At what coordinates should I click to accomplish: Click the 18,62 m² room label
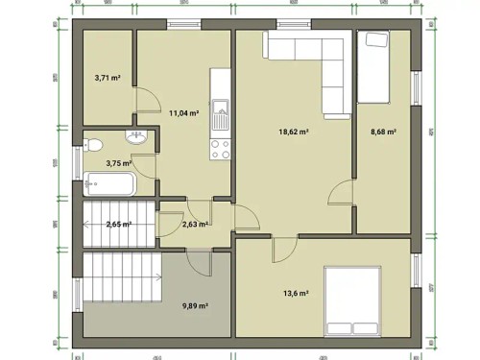pos(293,132)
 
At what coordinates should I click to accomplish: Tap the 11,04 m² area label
pos(183,112)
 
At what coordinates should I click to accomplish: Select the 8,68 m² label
pos(383,132)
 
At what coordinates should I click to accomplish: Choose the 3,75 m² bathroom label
pos(119,163)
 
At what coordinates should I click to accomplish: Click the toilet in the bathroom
pos(93,145)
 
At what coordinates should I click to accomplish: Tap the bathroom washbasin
pos(135,137)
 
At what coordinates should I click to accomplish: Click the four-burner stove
pos(220,148)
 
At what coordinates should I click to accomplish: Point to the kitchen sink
pos(220,114)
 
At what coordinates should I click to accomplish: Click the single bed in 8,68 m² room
pos(373,66)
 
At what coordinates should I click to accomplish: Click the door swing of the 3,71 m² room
pos(145,99)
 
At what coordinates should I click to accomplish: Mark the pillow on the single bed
pos(373,39)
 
